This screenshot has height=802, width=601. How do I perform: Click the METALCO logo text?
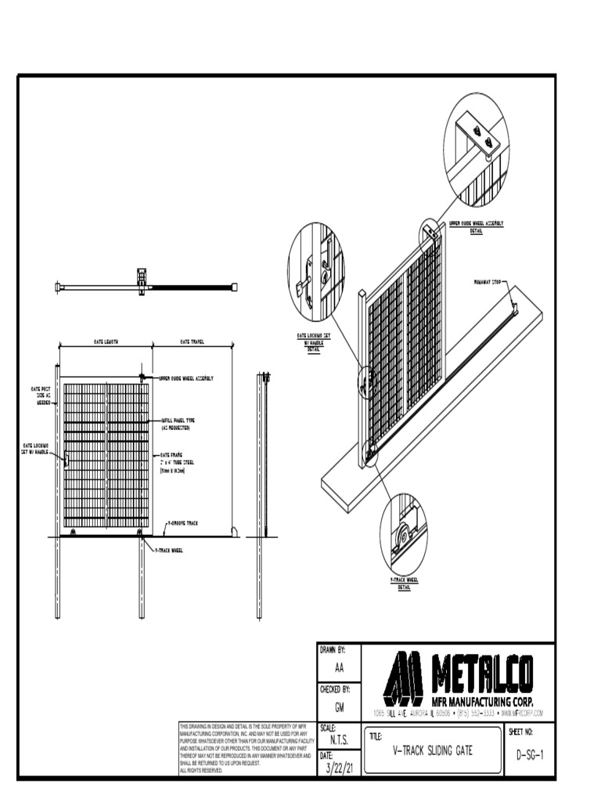(481, 674)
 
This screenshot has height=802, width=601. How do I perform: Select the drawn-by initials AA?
(339, 668)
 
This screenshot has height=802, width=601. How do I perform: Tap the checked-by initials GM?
(339, 706)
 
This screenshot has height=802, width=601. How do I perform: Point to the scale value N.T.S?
(340, 740)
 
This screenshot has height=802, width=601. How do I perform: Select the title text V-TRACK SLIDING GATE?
(433, 750)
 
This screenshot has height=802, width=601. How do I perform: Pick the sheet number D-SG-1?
(530, 755)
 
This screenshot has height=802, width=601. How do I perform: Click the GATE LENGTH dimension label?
(106, 342)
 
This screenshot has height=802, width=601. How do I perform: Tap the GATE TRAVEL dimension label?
(193, 342)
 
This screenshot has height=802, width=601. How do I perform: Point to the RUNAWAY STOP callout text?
(487, 281)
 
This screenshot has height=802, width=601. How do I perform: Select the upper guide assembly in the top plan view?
(142, 281)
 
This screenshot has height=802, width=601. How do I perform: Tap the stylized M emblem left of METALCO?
(403, 678)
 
